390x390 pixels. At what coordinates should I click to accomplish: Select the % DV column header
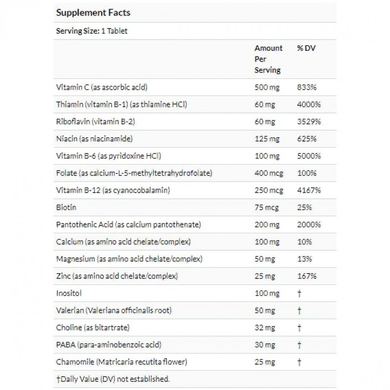click(307, 48)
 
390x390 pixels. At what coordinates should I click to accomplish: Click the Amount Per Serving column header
click(268, 59)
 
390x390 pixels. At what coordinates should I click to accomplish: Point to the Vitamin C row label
click(102, 88)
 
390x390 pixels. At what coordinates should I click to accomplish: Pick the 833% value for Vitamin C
click(307, 88)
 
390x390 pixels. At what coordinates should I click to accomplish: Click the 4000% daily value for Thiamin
click(309, 105)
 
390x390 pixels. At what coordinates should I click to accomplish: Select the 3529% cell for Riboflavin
click(309, 122)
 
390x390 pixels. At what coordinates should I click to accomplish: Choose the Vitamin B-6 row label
click(109, 156)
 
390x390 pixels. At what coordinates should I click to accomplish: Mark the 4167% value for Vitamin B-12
click(309, 190)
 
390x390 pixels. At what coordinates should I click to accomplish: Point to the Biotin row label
click(67, 207)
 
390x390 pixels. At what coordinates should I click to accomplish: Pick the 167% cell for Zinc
click(307, 276)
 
